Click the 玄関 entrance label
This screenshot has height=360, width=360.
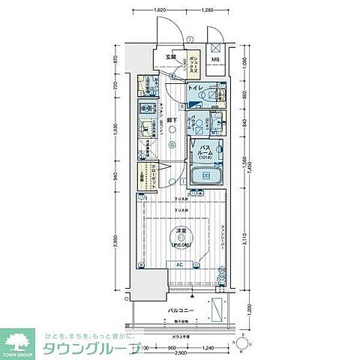click(172, 57)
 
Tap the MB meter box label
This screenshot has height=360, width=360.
click(214, 59)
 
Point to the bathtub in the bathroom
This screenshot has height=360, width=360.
click(208, 177)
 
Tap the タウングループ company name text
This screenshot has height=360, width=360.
click(91, 348)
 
